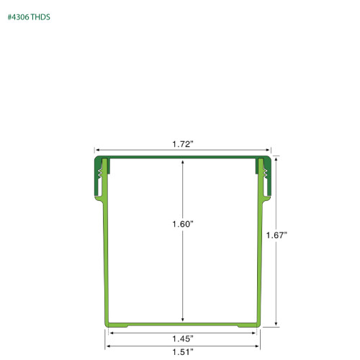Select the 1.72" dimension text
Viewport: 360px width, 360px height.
pos(183,145)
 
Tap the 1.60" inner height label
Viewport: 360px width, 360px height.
pos(183,224)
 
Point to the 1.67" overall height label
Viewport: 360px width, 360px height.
pos(276,235)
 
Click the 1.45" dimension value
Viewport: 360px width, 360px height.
pos(183,338)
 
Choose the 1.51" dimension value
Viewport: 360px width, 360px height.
pos(183,352)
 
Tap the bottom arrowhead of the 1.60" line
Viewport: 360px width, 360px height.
pos(183,320)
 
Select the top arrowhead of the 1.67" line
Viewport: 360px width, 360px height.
pos(276,158)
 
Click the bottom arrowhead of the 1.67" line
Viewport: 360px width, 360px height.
pos(276,325)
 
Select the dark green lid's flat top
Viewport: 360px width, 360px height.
pos(183,156)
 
